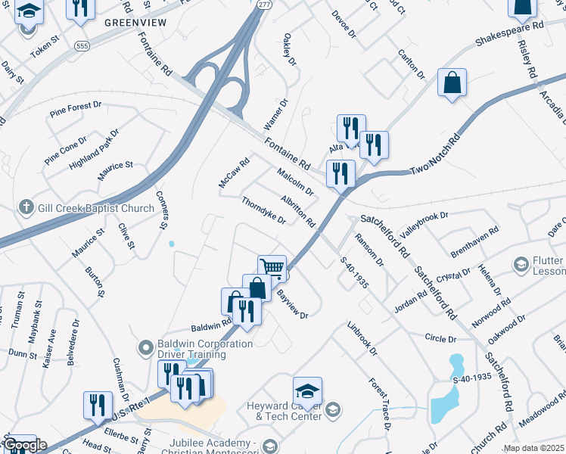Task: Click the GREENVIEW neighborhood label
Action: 135,23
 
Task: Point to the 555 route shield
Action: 81,46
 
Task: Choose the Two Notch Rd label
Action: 434,157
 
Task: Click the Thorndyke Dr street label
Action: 263,211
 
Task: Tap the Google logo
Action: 24,444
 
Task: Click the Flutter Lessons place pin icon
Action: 521,264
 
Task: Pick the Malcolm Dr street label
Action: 295,182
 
